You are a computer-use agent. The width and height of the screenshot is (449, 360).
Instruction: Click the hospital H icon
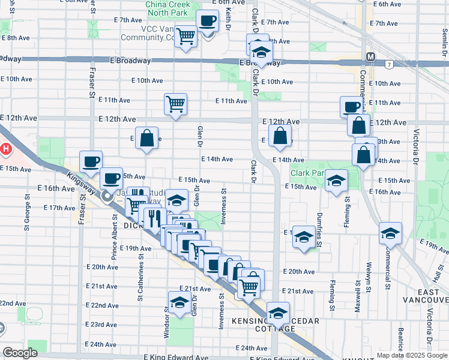point(5,148)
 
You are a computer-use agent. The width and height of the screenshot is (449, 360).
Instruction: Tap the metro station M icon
point(370,57)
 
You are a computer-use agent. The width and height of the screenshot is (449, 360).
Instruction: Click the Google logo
point(20,353)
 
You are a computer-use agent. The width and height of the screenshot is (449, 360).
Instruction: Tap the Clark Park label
point(308,173)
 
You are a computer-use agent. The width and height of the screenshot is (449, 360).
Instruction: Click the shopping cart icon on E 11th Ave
point(175,104)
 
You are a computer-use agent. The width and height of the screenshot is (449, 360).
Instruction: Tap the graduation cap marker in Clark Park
point(337,181)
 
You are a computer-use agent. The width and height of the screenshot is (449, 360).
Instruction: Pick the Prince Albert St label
point(113,234)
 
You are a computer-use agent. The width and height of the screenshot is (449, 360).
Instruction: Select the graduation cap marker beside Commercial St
point(390,233)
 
